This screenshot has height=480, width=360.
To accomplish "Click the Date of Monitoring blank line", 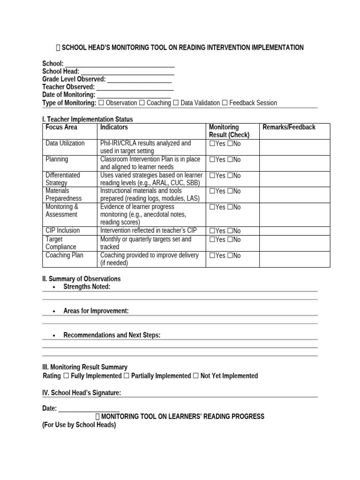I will (x=134, y=95).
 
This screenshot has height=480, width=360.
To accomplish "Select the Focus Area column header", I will (x=61, y=127).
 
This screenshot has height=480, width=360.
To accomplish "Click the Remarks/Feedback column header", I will (x=289, y=127).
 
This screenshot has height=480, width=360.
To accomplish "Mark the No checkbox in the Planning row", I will (x=230, y=160).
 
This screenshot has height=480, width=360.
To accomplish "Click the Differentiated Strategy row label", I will (x=63, y=179).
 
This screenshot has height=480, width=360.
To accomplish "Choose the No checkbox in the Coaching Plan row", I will (x=230, y=255).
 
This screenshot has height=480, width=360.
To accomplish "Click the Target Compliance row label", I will (x=61, y=243).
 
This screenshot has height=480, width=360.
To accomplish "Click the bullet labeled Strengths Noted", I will (x=87, y=287).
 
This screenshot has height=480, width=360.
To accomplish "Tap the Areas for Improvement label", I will (x=96, y=311).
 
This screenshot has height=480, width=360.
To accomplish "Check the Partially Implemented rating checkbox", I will (x=127, y=376).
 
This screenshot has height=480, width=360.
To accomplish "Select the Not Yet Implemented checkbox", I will (x=195, y=376).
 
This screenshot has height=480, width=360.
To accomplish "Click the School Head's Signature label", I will (x=82, y=393).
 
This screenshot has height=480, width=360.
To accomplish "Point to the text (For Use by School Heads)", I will (x=79, y=425).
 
